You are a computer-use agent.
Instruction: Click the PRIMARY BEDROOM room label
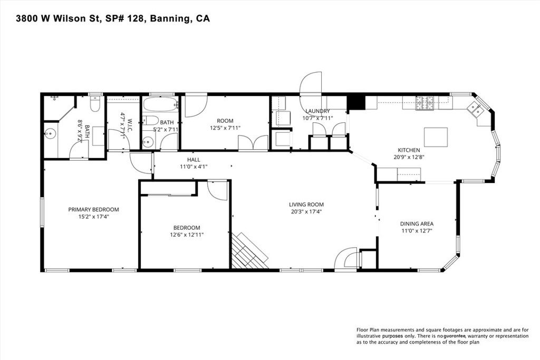tap(93, 209)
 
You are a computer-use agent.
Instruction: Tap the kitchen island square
tap(436, 138)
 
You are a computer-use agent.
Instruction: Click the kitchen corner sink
tap(477, 110)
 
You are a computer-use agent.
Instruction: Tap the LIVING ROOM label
tap(306, 205)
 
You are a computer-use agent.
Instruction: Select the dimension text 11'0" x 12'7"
tap(416, 230)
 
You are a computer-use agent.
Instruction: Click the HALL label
tap(194, 160)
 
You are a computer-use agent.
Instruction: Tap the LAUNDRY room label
tap(317, 111)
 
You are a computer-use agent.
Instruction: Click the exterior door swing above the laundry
tap(311, 84)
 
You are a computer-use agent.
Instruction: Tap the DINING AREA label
tap(417, 223)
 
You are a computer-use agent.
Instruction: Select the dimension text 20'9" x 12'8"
tap(409, 157)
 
